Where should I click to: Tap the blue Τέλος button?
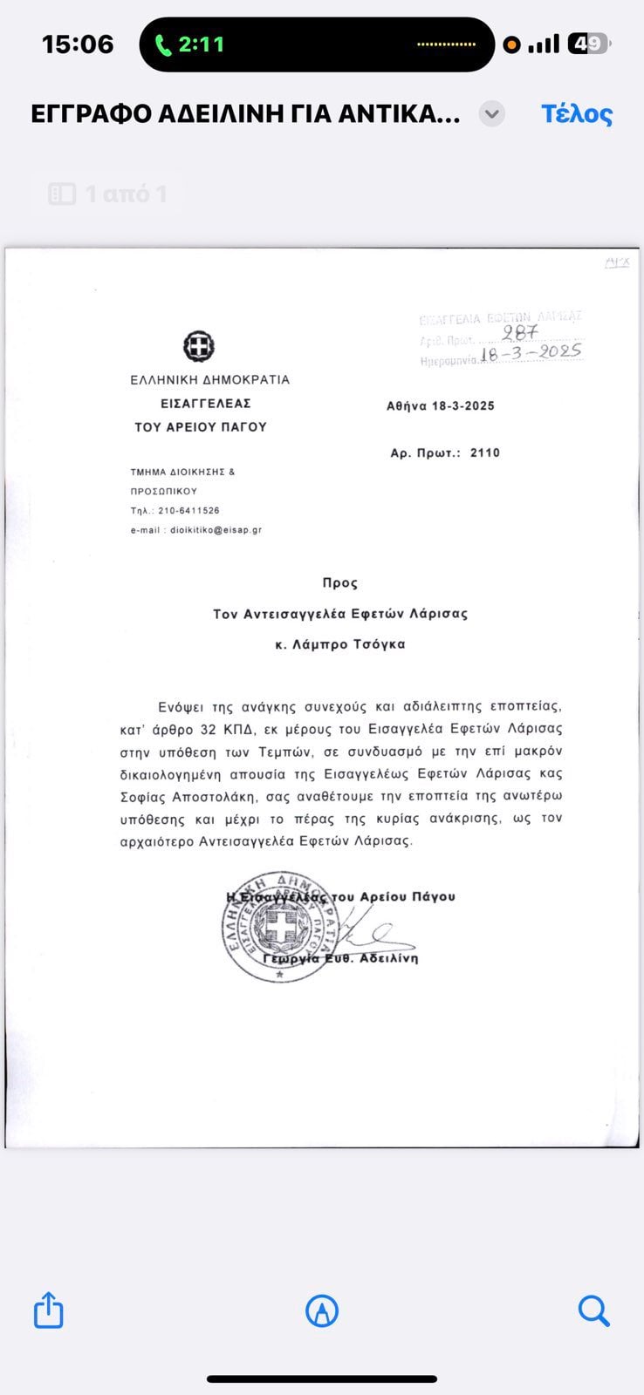coord(577,114)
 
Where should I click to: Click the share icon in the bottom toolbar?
coord(49,1310)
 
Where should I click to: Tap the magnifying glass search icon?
coord(593,1310)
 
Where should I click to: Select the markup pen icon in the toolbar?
coord(322,1310)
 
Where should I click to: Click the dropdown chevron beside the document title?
coord(492,114)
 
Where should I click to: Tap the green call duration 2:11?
coord(190,44)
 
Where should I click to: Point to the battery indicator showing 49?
coord(587,44)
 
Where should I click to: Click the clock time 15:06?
coord(78,44)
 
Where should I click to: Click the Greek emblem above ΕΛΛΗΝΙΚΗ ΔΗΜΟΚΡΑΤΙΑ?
coord(199,347)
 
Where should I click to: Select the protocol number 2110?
coord(484,453)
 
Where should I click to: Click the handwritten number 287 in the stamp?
coord(520,332)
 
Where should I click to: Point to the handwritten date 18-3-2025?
coord(531,353)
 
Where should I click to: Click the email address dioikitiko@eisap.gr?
coord(216,530)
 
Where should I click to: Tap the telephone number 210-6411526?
coord(188,511)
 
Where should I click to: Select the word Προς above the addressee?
coord(339,582)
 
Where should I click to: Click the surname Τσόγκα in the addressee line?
coord(380,645)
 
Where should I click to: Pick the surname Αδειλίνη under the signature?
coord(386,958)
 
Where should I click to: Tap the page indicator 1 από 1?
coord(108,194)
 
